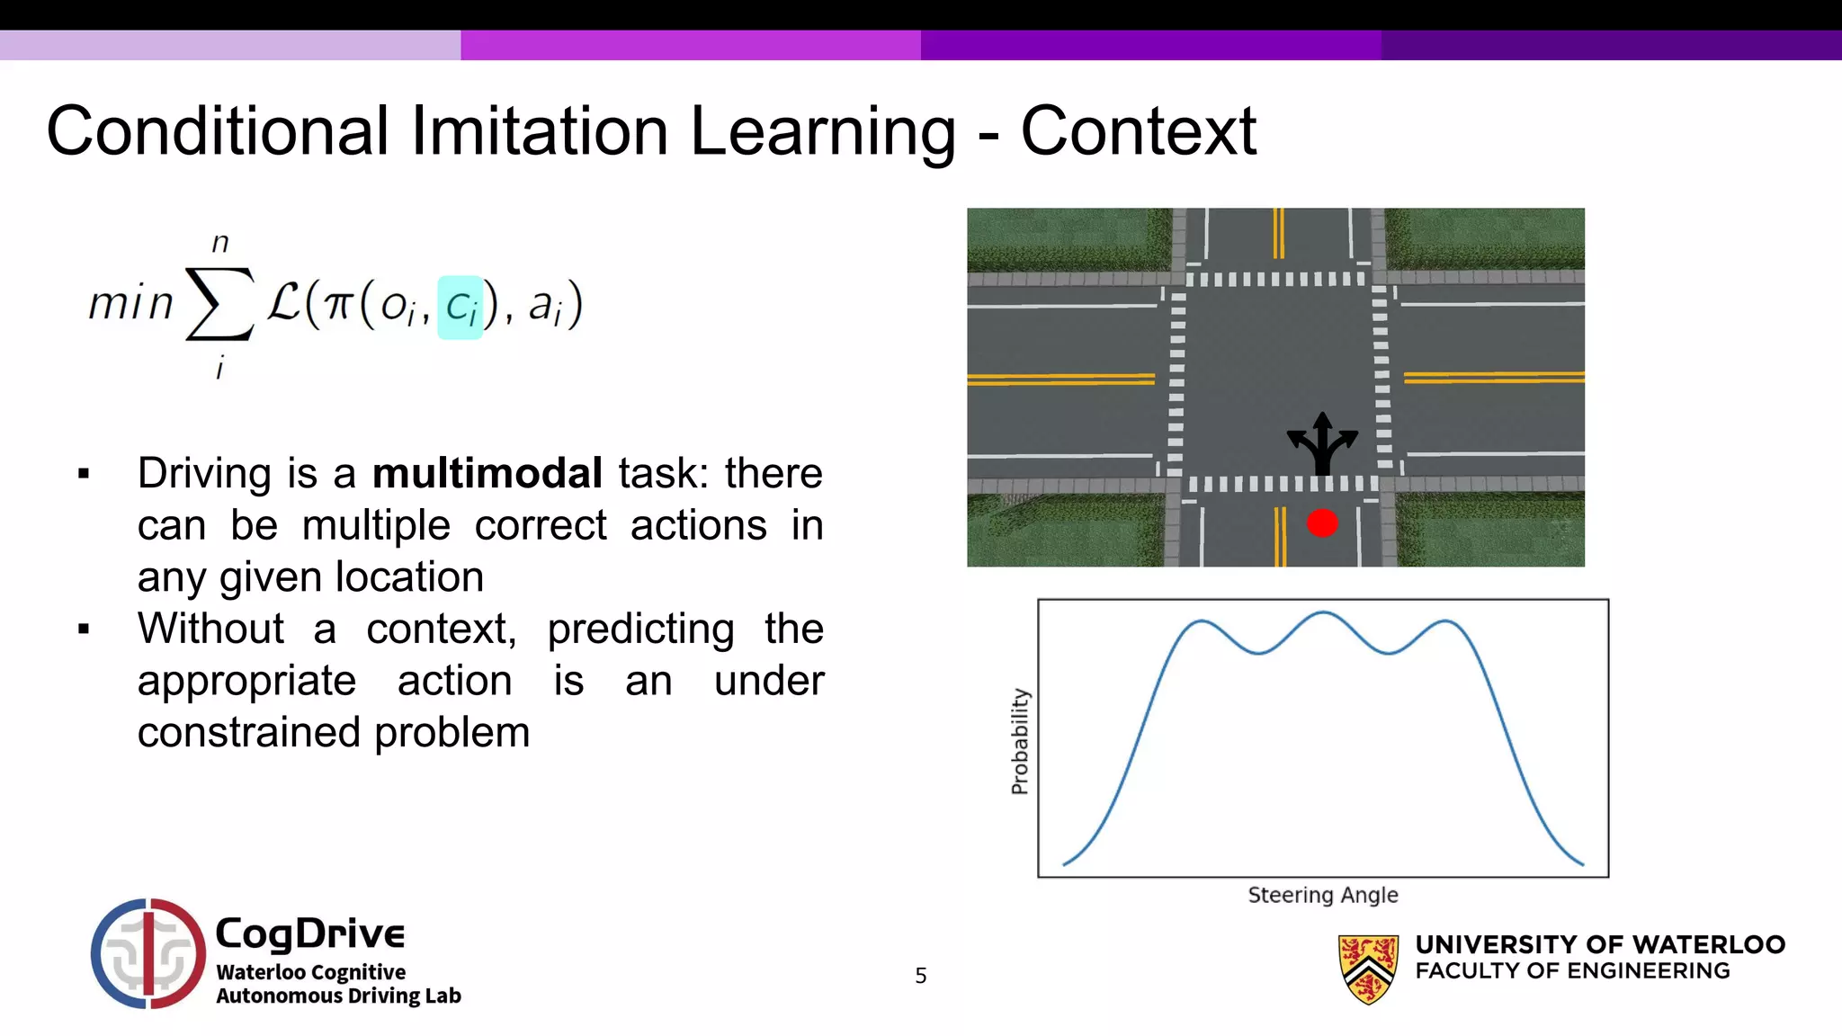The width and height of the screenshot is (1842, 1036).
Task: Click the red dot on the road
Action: click(1321, 523)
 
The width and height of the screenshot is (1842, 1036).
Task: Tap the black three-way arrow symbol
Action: click(1321, 443)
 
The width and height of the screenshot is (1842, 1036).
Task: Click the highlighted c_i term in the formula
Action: click(460, 308)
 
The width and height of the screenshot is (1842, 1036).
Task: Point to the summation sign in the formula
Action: click(219, 306)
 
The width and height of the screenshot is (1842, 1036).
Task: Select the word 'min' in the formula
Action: click(130, 304)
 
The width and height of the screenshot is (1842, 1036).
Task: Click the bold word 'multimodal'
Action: click(487, 473)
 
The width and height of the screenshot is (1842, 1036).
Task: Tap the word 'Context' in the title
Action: click(1138, 131)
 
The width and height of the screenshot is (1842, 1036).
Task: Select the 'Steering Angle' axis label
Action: click(1322, 895)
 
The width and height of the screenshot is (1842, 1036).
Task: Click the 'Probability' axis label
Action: click(1019, 741)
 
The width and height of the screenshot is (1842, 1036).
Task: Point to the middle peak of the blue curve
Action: click(1323, 613)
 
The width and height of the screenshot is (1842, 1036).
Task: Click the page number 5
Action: click(920, 976)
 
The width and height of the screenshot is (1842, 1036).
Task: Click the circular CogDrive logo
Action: click(148, 953)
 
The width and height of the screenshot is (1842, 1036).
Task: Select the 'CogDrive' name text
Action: click(310, 933)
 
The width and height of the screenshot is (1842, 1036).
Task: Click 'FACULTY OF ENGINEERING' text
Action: click(1572, 971)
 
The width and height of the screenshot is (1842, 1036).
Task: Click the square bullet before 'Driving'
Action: click(85, 474)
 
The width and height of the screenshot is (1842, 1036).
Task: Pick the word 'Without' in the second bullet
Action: click(210, 629)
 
